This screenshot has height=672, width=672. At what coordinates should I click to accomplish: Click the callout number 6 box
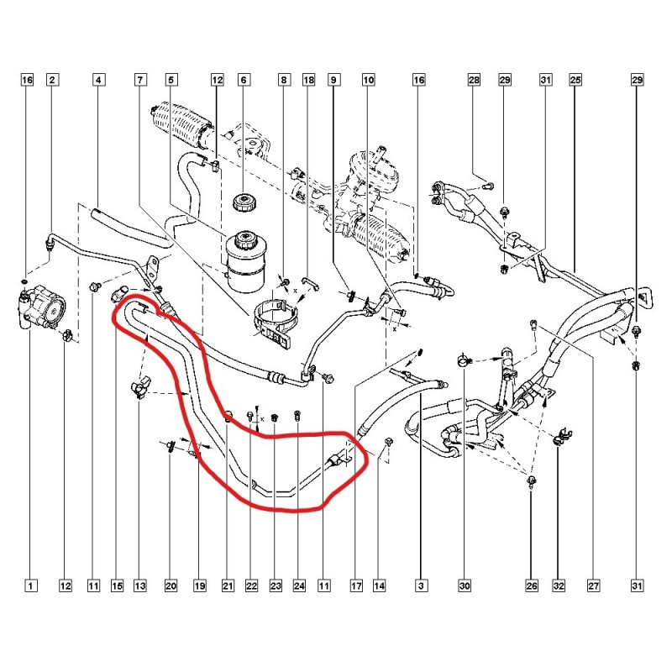[244, 80]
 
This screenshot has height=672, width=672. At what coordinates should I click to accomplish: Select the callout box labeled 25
[575, 80]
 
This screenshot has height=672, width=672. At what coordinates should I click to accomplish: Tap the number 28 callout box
[474, 80]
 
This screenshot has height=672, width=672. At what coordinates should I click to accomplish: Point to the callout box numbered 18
[308, 80]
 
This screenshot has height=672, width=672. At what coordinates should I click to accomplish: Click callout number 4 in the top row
[98, 80]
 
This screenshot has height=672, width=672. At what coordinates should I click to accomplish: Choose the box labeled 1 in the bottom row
[30, 585]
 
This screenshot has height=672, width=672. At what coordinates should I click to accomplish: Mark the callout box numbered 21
[228, 585]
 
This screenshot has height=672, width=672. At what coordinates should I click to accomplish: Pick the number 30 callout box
[465, 585]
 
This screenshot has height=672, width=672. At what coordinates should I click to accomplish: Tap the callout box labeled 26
[532, 585]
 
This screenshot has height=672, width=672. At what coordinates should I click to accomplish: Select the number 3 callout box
[421, 585]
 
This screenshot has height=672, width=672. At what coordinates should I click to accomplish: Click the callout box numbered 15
[117, 585]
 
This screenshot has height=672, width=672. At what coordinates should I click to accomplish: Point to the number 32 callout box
[559, 585]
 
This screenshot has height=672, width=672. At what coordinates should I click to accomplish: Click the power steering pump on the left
[42, 307]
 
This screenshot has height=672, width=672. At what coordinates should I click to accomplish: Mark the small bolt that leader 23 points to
[276, 416]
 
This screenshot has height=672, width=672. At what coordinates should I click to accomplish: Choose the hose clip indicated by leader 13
[140, 386]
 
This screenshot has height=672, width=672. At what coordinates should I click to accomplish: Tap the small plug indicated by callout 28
[489, 186]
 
